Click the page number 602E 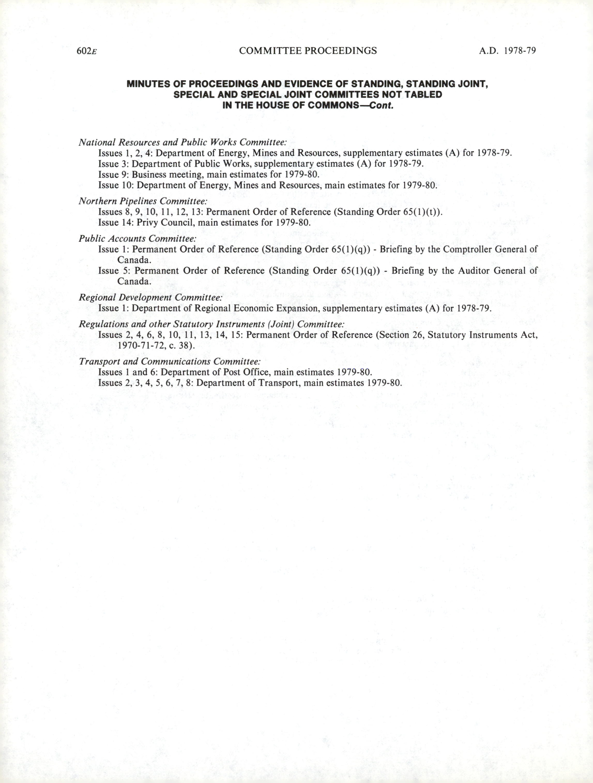(87, 51)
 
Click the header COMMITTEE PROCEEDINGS (308, 51)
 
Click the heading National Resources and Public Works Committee (182, 142)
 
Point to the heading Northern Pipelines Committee (143, 201)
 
